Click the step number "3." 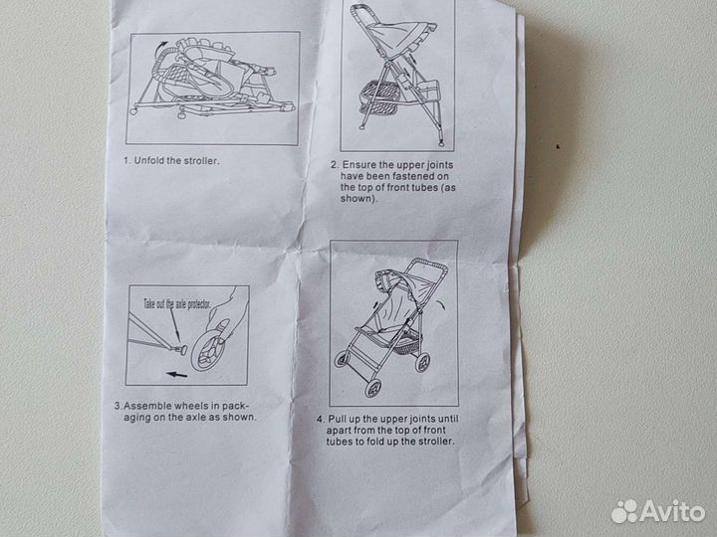click(x=118, y=406)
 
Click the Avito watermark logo click(x=657, y=511)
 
